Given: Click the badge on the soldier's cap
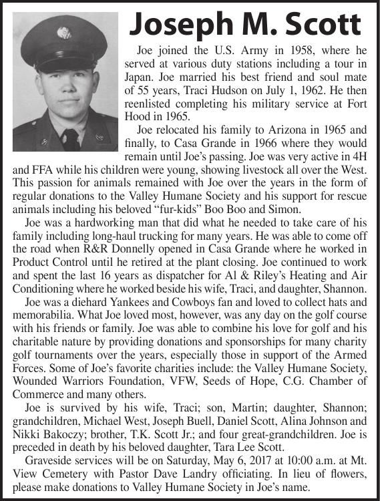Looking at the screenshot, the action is [65, 32].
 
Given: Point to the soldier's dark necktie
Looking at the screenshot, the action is [70, 138].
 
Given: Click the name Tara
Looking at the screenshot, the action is [254, 446].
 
